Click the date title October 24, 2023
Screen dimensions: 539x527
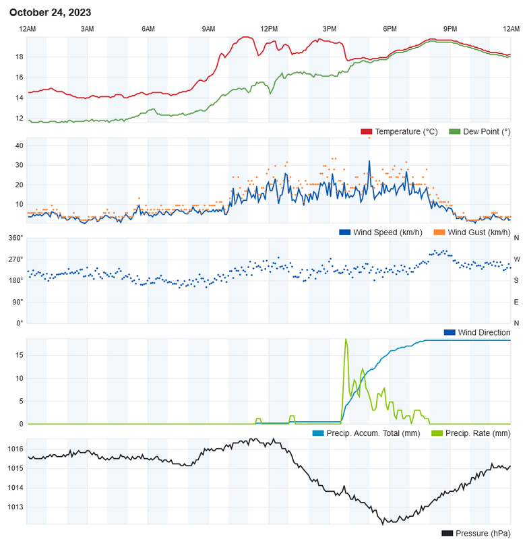pos(51,13)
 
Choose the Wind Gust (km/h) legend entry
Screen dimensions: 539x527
pos(478,232)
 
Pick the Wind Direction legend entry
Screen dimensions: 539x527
pos(484,333)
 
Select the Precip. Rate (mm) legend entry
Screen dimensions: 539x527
pos(476,433)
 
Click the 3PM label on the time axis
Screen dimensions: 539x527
pos(330,29)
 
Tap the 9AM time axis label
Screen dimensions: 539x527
pos(208,29)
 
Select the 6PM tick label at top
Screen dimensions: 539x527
pos(390,29)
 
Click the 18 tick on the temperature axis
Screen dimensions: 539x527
pos(20,57)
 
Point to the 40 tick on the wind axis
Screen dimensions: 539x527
pos(20,146)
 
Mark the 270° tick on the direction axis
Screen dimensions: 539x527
pos(15,259)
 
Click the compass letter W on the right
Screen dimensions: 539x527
pos(517,259)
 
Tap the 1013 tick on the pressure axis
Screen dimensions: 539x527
pos(15,507)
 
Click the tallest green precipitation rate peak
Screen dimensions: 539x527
pos(346,340)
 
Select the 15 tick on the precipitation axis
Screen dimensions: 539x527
pos(20,355)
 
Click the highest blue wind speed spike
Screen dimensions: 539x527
pos(369,162)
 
